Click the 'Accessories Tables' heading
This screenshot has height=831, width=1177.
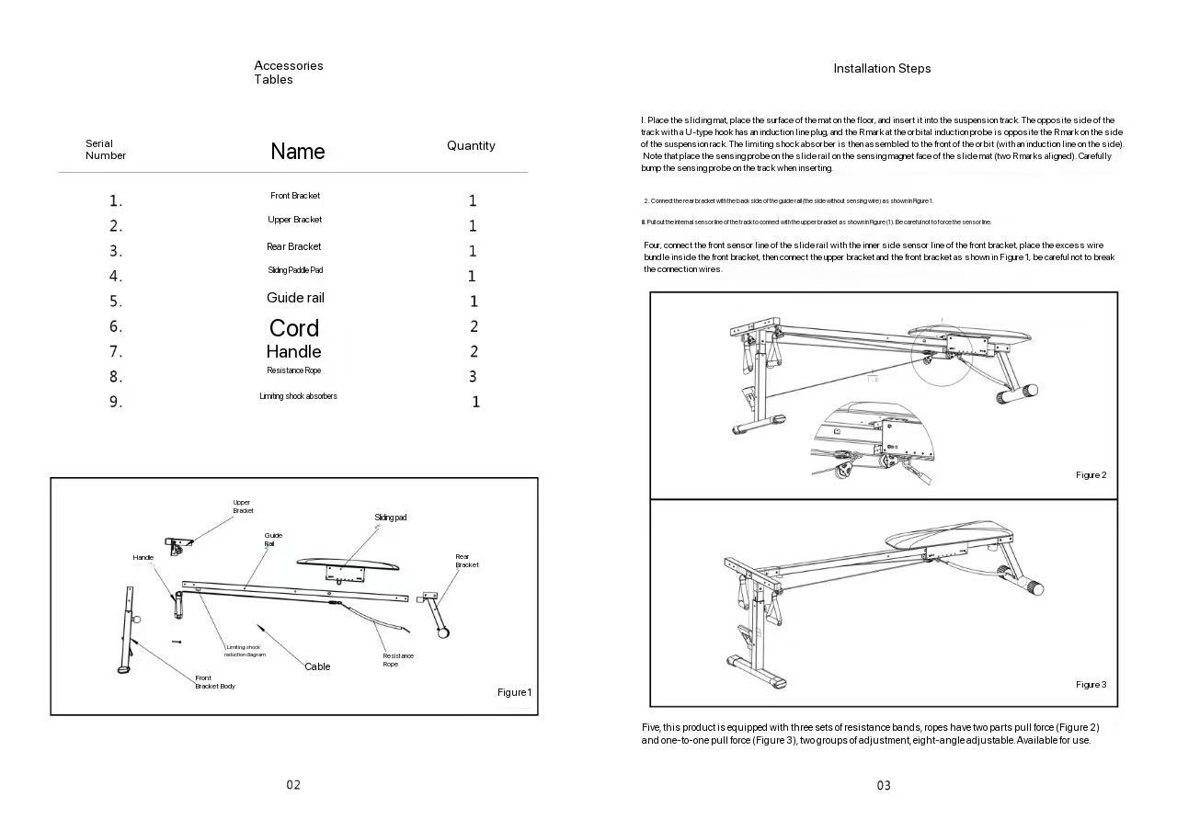(x=288, y=73)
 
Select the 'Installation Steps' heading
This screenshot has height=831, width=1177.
(x=882, y=68)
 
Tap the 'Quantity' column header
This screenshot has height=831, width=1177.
(x=471, y=145)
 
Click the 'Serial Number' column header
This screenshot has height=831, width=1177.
(x=105, y=150)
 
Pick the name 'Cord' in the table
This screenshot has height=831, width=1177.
(x=294, y=328)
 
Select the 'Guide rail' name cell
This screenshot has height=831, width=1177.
(x=295, y=298)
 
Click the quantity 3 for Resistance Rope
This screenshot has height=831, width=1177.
(x=473, y=376)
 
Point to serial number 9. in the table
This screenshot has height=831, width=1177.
(x=116, y=402)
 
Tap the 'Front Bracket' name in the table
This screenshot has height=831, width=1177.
(x=295, y=196)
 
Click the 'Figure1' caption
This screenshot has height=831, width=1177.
(x=514, y=692)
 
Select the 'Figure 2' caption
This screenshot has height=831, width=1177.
(x=1091, y=475)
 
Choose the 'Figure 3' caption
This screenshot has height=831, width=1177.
(x=1091, y=685)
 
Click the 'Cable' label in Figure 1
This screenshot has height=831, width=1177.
(x=317, y=666)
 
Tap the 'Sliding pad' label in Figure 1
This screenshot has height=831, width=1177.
(x=390, y=518)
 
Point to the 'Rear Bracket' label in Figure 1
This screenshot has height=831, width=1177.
(x=467, y=561)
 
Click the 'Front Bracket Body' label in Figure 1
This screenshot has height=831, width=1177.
(x=214, y=682)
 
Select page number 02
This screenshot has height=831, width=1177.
(x=293, y=784)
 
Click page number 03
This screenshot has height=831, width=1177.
(x=883, y=785)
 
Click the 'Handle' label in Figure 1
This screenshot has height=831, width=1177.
(x=143, y=558)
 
